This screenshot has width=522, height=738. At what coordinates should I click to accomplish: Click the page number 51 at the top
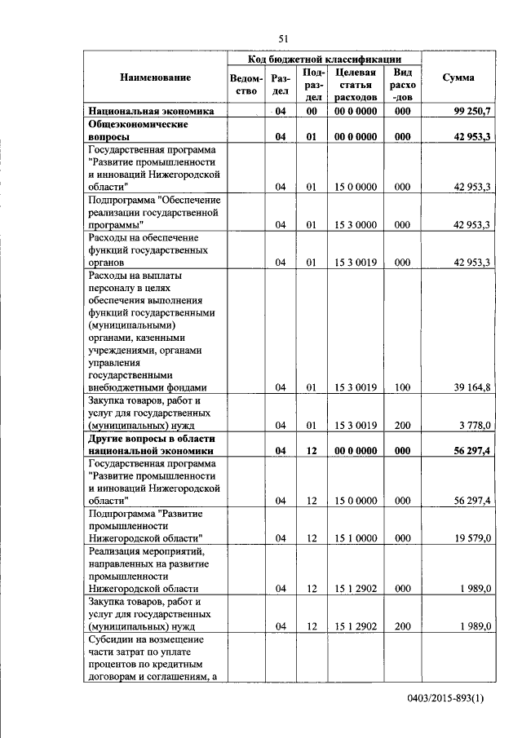point(284,38)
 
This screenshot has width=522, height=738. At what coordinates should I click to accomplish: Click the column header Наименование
point(155,77)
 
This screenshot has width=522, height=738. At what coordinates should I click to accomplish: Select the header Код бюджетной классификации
point(325,59)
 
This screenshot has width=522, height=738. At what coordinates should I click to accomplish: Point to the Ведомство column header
point(247,85)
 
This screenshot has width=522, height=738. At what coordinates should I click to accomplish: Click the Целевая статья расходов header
point(355,85)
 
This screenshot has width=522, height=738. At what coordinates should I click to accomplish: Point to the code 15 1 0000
point(355,538)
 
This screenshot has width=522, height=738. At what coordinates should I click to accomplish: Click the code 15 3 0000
point(355,224)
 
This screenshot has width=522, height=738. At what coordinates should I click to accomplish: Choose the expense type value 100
point(402,387)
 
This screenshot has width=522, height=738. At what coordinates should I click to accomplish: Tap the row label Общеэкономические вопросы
point(137,130)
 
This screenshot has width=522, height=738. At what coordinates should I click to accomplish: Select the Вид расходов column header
point(402,85)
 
